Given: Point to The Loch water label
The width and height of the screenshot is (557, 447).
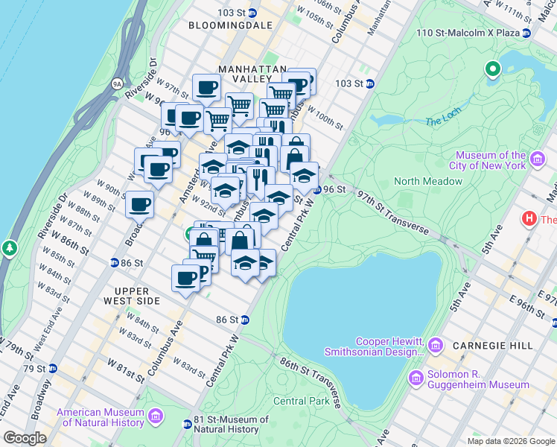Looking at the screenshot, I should (439, 121).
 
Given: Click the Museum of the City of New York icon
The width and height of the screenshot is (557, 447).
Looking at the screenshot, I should (535, 159).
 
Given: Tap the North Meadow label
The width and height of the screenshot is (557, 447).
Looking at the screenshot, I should (427, 181).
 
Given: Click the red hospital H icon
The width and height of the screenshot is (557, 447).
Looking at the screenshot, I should (529, 219).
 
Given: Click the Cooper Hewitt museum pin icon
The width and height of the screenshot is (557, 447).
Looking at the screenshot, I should (436, 346).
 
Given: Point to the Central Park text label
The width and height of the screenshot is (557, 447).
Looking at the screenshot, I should (301, 401).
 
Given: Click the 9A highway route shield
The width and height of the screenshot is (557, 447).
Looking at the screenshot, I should (117, 84).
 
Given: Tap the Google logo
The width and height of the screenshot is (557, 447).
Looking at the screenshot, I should (25, 438).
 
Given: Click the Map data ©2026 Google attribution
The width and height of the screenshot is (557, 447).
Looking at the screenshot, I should (510, 441).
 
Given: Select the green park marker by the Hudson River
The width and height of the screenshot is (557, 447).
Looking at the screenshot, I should (9, 247).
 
